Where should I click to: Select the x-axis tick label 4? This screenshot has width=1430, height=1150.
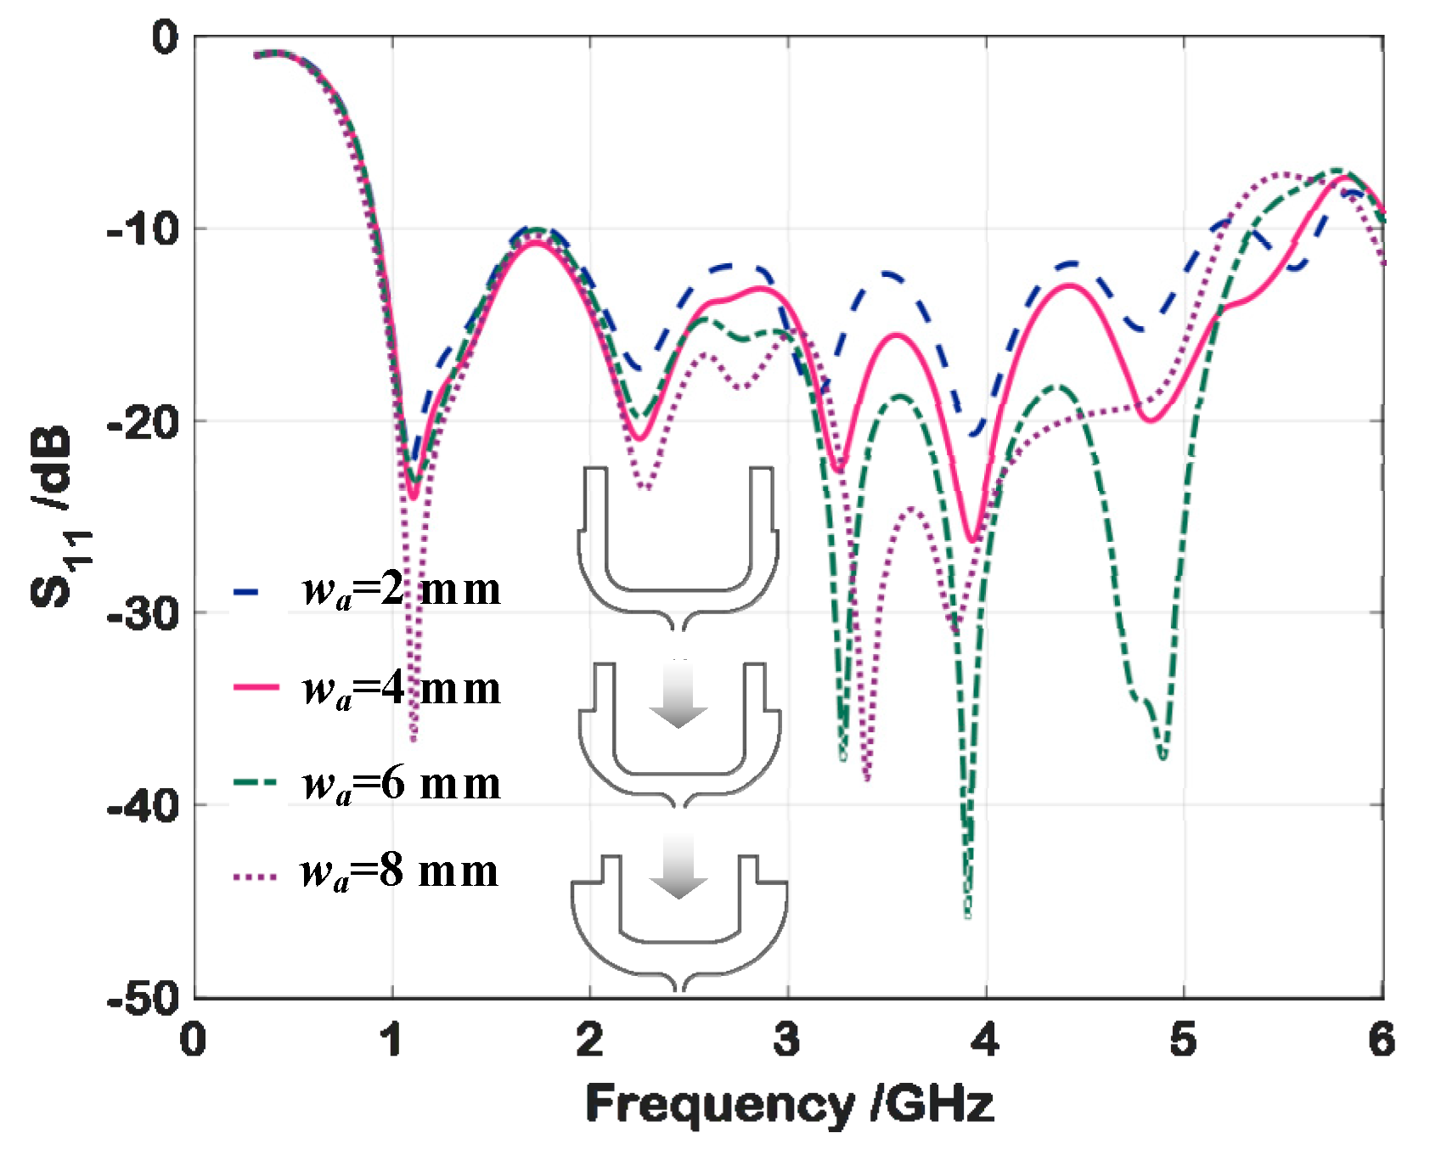click(985, 1040)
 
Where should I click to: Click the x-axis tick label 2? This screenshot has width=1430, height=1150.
click(589, 1040)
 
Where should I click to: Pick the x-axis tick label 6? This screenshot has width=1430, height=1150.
click(1382, 1040)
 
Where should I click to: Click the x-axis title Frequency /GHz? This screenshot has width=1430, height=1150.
click(789, 1104)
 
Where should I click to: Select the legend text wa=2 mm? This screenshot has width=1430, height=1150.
click(401, 589)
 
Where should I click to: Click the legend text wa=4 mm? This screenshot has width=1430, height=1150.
click(401, 688)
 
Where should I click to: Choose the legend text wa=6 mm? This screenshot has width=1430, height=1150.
click(401, 784)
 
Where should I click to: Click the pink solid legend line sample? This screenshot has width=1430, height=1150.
click(256, 686)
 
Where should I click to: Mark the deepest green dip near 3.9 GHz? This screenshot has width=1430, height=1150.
click(967, 913)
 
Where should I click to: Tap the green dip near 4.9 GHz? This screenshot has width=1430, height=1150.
click(1163, 754)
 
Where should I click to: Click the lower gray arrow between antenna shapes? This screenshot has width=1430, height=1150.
click(678, 866)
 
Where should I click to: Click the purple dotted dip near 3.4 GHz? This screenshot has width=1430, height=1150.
click(866, 776)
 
